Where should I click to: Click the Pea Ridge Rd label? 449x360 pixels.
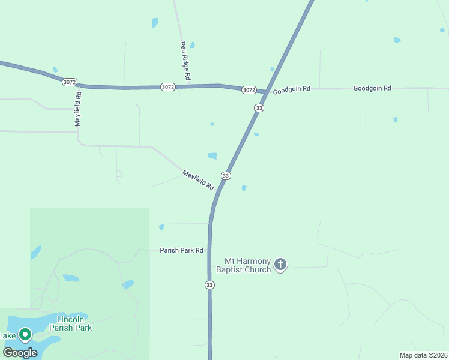[185, 61]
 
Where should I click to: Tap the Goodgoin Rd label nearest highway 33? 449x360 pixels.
[291, 89]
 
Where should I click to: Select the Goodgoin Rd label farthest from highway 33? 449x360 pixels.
[372, 88]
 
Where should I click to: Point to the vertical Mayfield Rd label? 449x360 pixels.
[77, 109]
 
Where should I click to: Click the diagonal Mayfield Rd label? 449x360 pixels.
[198, 180]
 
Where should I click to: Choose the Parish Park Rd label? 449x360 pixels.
[181, 250]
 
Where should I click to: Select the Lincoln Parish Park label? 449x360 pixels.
[74, 323]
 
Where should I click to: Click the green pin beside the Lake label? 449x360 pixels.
[25, 334]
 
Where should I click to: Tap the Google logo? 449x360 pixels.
[20, 353]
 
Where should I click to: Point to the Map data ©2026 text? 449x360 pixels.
[423, 355]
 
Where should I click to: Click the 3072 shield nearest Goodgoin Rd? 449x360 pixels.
[249, 90]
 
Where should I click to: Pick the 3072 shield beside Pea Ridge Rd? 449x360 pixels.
[168, 87]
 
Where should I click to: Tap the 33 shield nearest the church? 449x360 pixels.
[209, 284]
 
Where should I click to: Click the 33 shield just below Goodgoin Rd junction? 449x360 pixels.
[259, 108]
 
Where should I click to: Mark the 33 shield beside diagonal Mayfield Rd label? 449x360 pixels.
[226, 175]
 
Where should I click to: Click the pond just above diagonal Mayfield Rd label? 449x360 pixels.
[212, 156]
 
